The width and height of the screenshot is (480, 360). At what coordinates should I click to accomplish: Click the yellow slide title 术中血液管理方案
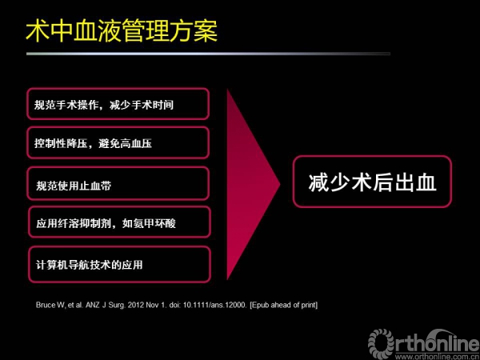coord(122,31)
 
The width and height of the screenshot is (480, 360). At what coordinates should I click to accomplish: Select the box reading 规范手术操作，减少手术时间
coord(118,104)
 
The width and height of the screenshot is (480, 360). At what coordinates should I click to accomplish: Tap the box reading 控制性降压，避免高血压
coord(118,142)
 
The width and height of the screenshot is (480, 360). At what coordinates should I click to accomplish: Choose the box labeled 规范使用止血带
coord(118,183)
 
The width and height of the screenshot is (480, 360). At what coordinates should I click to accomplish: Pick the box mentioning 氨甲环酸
coord(119,222)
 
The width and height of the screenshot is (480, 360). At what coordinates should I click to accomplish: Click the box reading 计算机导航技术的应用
coord(119,265)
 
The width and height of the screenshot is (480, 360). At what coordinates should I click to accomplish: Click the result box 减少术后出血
coord(372,182)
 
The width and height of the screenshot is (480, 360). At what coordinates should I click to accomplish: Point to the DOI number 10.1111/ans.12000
coord(214,306)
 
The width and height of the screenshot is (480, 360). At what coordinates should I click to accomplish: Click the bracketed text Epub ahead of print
coord(284,306)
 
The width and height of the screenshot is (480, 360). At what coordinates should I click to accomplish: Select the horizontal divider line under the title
coord(208,54)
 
